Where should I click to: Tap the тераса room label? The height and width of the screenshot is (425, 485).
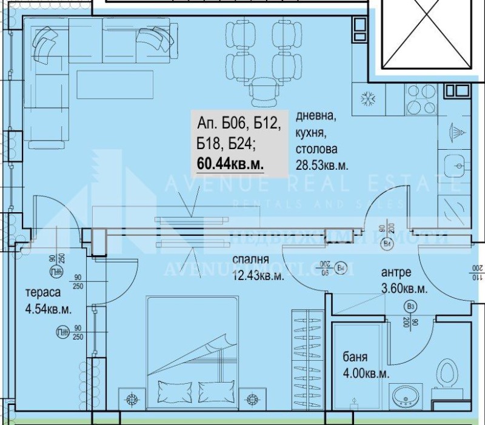[x=42, y=292]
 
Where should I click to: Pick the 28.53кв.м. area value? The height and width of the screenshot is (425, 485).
[x=322, y=165]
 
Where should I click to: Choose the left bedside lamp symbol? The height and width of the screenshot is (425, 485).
[x=132, y=399]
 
